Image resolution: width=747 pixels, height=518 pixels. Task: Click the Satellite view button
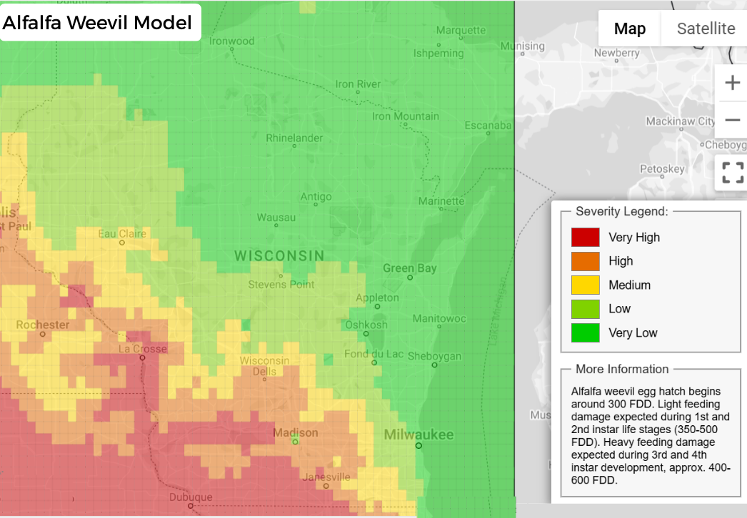[x=706, y=29]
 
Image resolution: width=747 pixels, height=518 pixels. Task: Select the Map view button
[x=630, y=29]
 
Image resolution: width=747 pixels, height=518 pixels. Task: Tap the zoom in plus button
[x=732, y=83]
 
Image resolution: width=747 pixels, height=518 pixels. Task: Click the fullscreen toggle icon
[x=732, y=173]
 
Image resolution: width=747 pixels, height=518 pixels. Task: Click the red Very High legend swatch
[x=585, y=237]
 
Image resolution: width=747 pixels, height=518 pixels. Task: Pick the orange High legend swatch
[x=585, y=261]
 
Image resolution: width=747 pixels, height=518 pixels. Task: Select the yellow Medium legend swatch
[x=585, y=285]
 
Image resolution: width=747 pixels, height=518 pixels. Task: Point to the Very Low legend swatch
[x=585, y=332]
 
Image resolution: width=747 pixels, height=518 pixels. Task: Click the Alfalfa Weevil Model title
[x=97, y=23]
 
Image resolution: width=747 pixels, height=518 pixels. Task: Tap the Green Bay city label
[x=409, y=268]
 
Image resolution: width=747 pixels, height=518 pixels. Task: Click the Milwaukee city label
[x=418, y=435]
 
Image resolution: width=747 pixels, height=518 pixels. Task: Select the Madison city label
[x=296, y=433]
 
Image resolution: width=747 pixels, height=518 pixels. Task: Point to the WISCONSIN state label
[x=279, y=255]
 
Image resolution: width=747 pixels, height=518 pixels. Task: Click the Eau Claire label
[x=122, y=233]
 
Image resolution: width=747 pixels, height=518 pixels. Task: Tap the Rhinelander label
[x=294, y=138]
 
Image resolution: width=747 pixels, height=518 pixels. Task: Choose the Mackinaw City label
[x=680, y=121]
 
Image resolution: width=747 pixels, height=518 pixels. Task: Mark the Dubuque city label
[x=191, y=497]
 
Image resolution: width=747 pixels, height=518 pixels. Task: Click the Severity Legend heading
[x=621, y=211]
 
